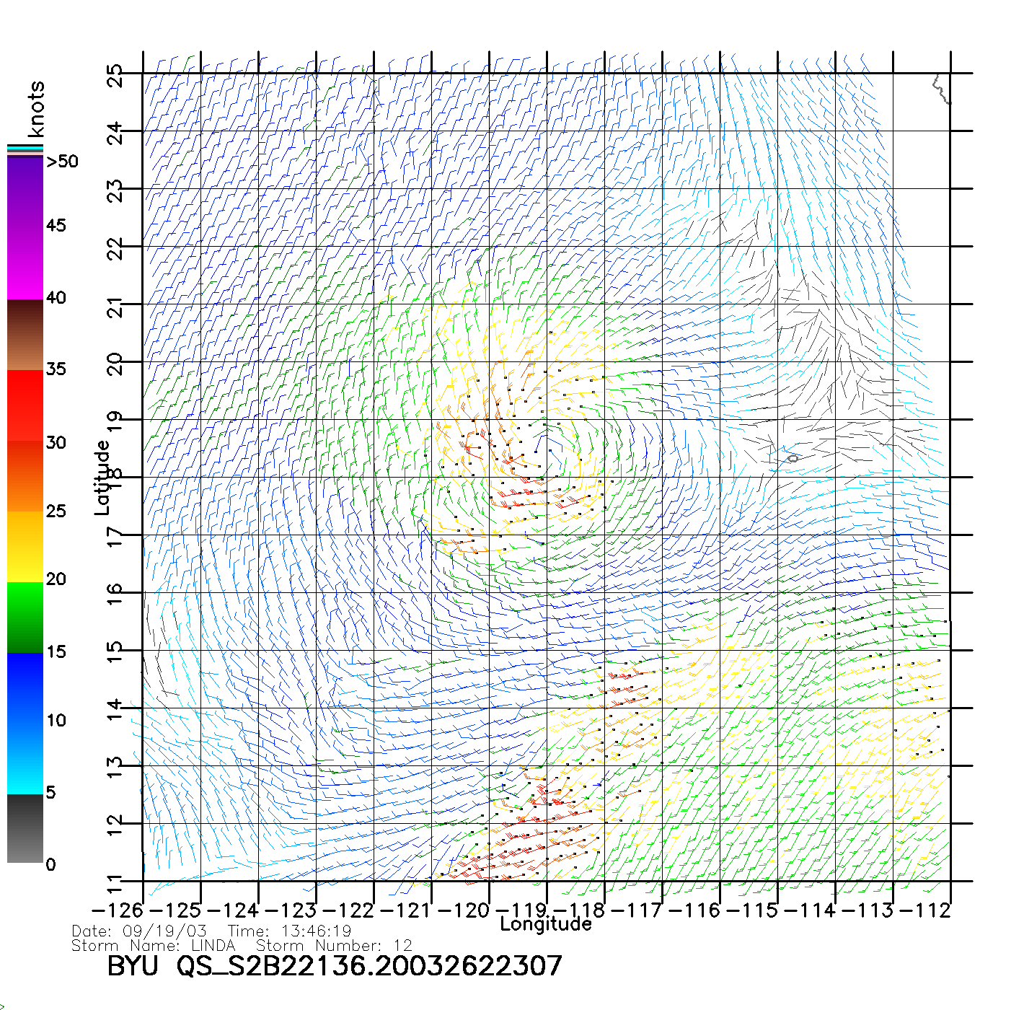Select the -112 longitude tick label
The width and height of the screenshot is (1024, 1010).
coord(924,910)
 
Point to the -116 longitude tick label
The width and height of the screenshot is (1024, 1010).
coord(694,910)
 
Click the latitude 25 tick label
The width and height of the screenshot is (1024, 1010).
coord(115,76)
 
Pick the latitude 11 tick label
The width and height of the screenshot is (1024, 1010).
coord(115,883)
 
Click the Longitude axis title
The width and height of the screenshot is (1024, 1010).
coord(546,924)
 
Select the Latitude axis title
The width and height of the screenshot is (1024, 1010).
coord(102,478)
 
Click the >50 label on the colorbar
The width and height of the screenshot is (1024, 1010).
coord(62,162)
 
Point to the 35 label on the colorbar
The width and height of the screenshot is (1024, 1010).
coord(56,369)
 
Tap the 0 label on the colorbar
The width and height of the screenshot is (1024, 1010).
coord(50,864)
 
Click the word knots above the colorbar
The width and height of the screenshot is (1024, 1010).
coord(36,109)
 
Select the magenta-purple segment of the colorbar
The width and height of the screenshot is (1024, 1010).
coord(25,227)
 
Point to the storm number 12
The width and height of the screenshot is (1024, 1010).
coord(402,945)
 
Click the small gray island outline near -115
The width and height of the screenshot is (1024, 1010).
coord(793,458)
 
